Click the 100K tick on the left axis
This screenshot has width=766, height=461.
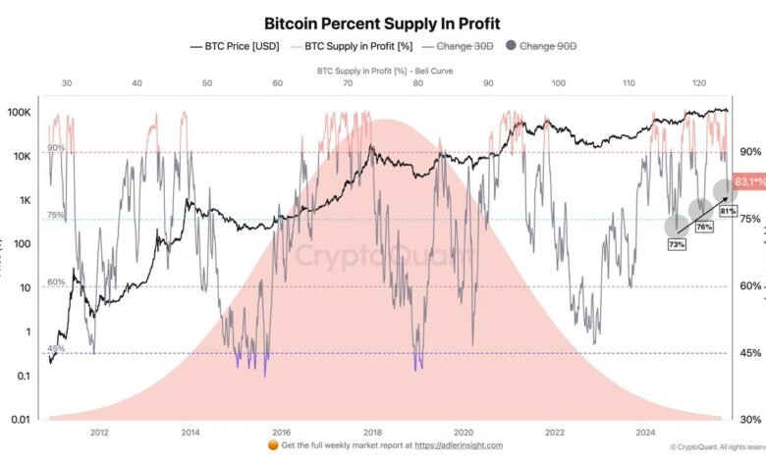[x=21, y=113]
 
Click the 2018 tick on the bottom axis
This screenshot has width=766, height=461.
[x=372, y=432]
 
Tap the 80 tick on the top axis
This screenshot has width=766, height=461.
[x=418, y=84]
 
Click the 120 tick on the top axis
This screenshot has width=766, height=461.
[x=699, y=84]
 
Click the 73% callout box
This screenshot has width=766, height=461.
[x=677, y=244]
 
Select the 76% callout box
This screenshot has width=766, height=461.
[x=703, y=227]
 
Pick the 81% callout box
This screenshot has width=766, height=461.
[x=728, y=210]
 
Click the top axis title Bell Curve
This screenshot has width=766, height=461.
[x=383, y=72]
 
